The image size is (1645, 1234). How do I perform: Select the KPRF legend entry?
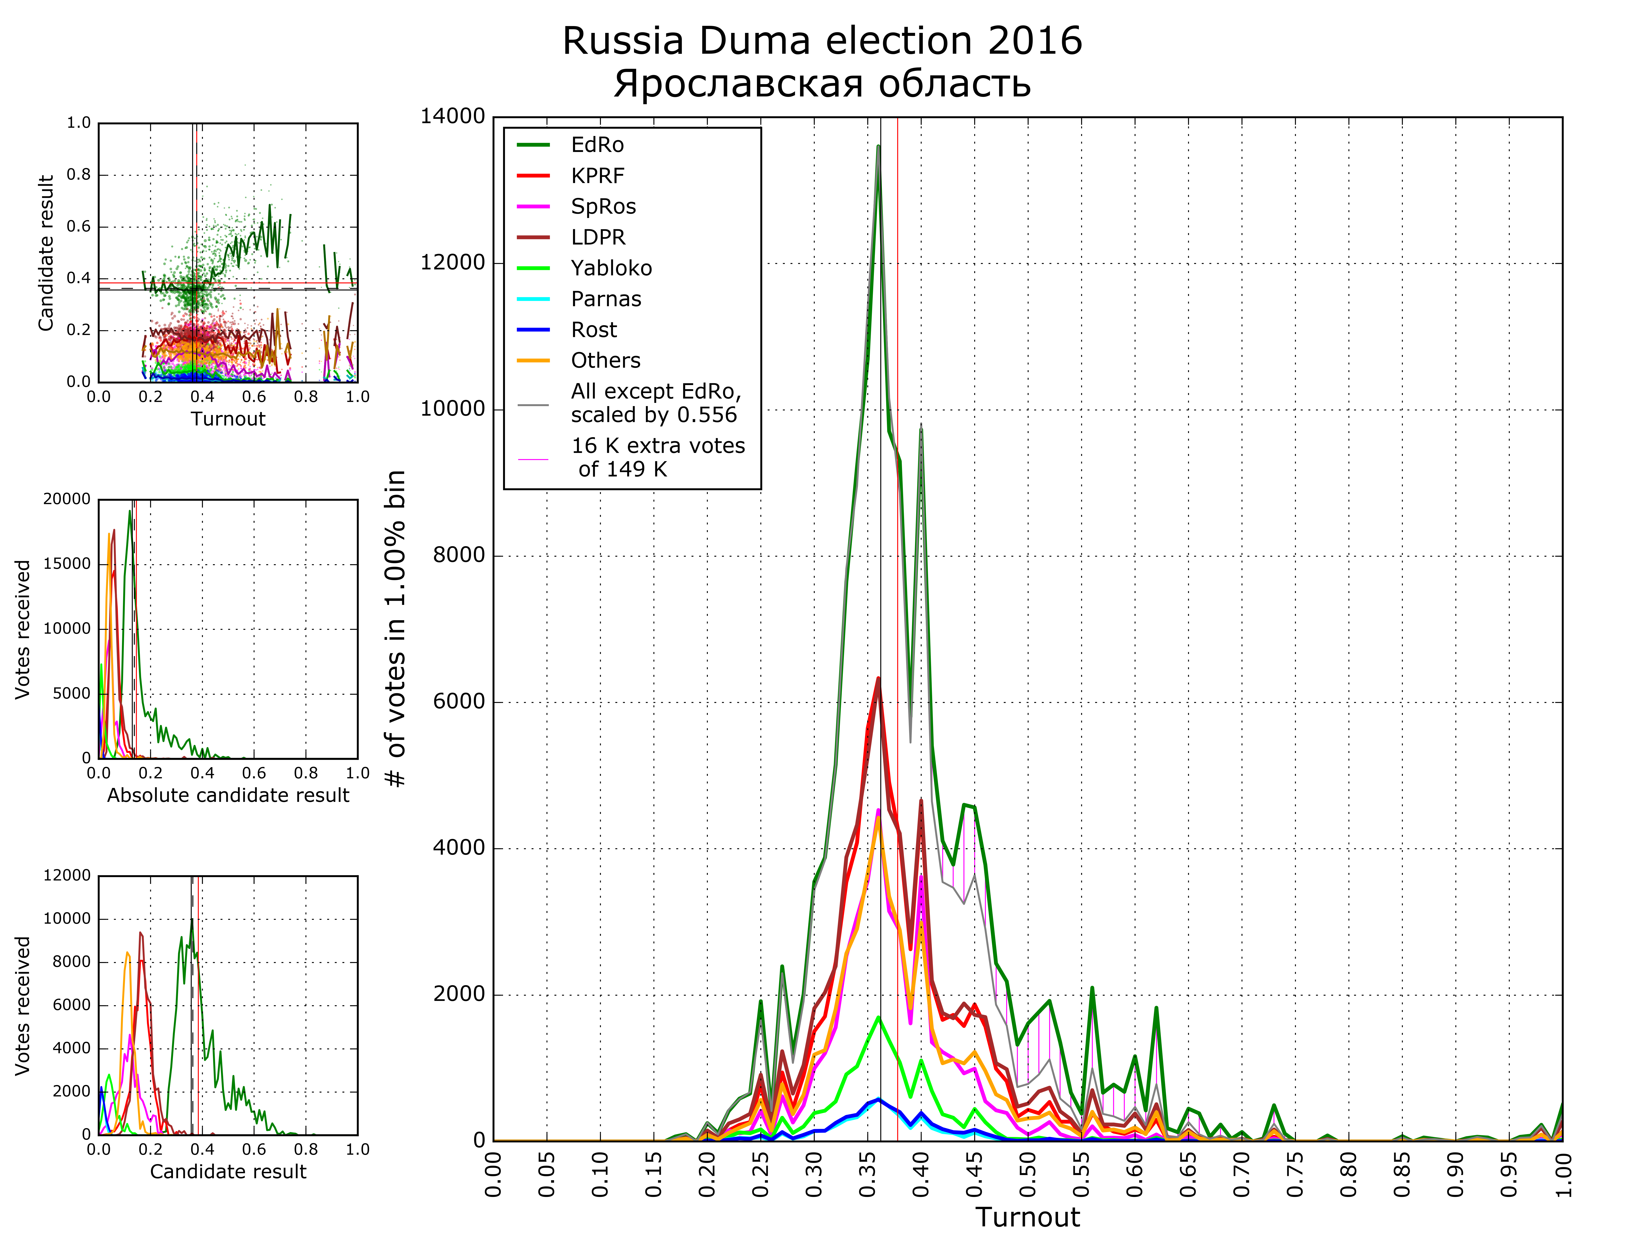click(597, 176)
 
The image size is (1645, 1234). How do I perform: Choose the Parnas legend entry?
click(605, 299)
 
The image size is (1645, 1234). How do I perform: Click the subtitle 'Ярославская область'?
click(822, 83)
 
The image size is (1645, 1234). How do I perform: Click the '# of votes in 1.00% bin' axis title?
click(396, 628)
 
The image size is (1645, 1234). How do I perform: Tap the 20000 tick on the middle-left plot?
click(67, 499)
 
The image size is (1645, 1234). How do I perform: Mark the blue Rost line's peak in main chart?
click(878, 1099)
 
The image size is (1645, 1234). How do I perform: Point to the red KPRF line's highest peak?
click(878, 678)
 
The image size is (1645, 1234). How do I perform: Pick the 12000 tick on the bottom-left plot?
click(67, 875)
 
